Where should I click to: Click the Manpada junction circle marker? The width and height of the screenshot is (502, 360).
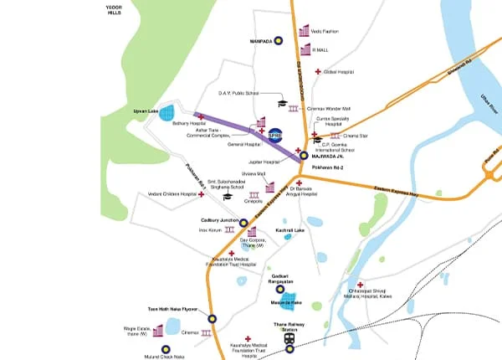[278, 39]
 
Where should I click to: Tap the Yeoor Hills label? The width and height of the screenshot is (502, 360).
[113, 9]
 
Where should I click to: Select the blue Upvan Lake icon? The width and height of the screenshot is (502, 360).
[166, 111]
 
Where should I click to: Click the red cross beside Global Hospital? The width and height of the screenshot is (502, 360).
[317, 72]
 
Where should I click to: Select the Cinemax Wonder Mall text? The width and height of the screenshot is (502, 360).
[329, 109]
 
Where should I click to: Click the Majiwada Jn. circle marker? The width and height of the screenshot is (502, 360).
[304, 155]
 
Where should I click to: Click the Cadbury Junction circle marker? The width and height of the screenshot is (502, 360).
[243, 222]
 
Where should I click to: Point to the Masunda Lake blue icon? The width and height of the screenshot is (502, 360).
[289, 301]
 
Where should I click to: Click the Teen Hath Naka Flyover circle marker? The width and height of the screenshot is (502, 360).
[213, 318]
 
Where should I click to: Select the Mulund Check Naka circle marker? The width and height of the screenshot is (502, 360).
[166, 348]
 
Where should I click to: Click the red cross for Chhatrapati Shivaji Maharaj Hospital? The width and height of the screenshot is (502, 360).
[360, 285]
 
